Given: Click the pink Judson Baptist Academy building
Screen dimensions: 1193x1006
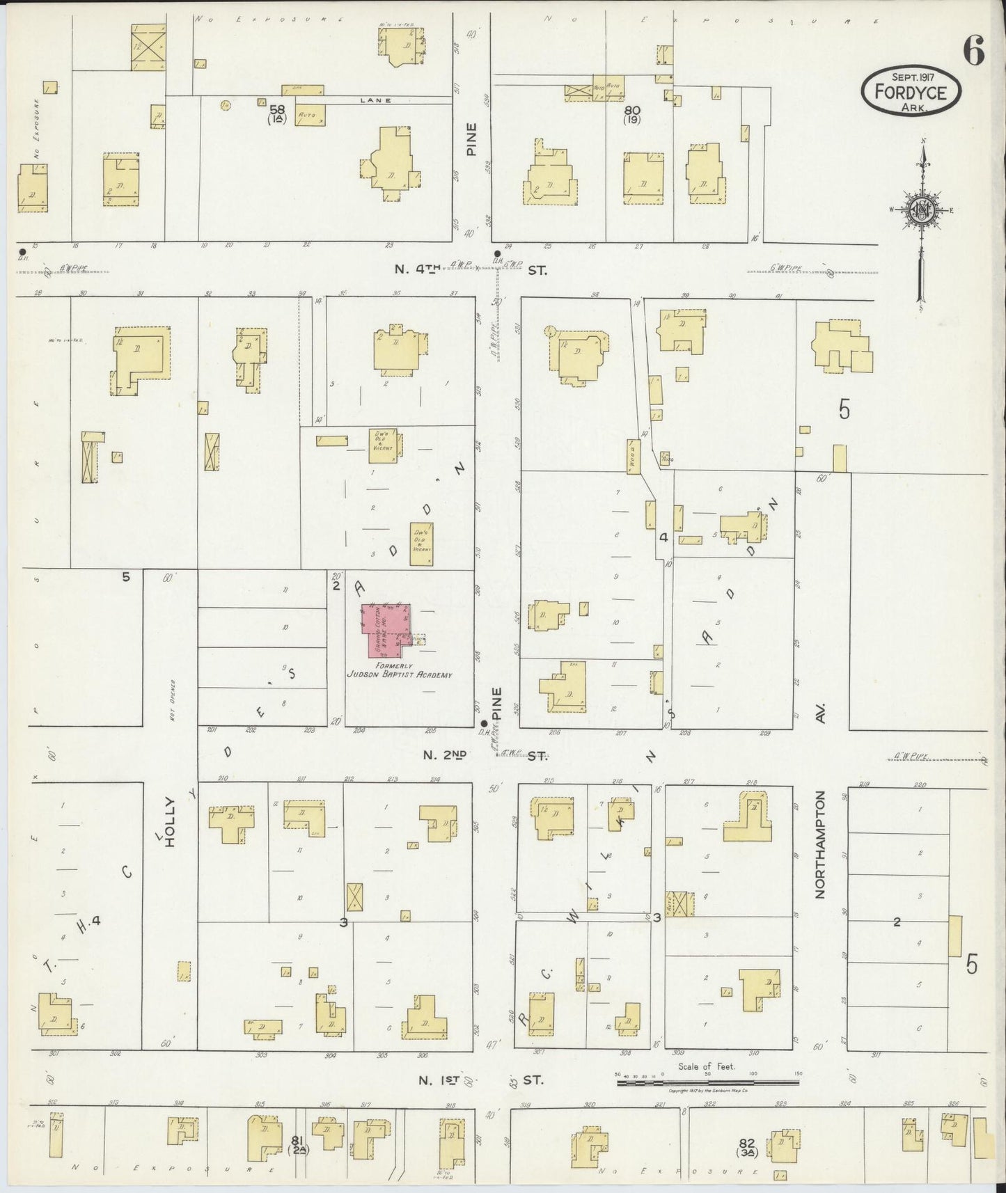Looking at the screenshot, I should (384, 631).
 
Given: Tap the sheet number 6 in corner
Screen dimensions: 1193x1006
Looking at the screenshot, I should (973, 51).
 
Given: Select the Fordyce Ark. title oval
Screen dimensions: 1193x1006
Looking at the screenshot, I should (911, 92).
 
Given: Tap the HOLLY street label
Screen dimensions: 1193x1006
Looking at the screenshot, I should (168, 822).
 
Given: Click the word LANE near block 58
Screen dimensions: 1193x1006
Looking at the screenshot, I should (376, 100).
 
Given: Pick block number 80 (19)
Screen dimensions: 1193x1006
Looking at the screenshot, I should (632, 113).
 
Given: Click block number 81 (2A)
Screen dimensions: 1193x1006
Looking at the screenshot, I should (298, 1144).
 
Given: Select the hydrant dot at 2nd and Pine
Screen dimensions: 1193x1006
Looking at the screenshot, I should (485, 723).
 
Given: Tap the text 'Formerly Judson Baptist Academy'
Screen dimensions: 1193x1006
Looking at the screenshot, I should (400, 670).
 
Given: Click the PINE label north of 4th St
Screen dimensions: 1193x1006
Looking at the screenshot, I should (473, 139).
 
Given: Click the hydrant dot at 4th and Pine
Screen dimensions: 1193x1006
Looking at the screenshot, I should (496, 253).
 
